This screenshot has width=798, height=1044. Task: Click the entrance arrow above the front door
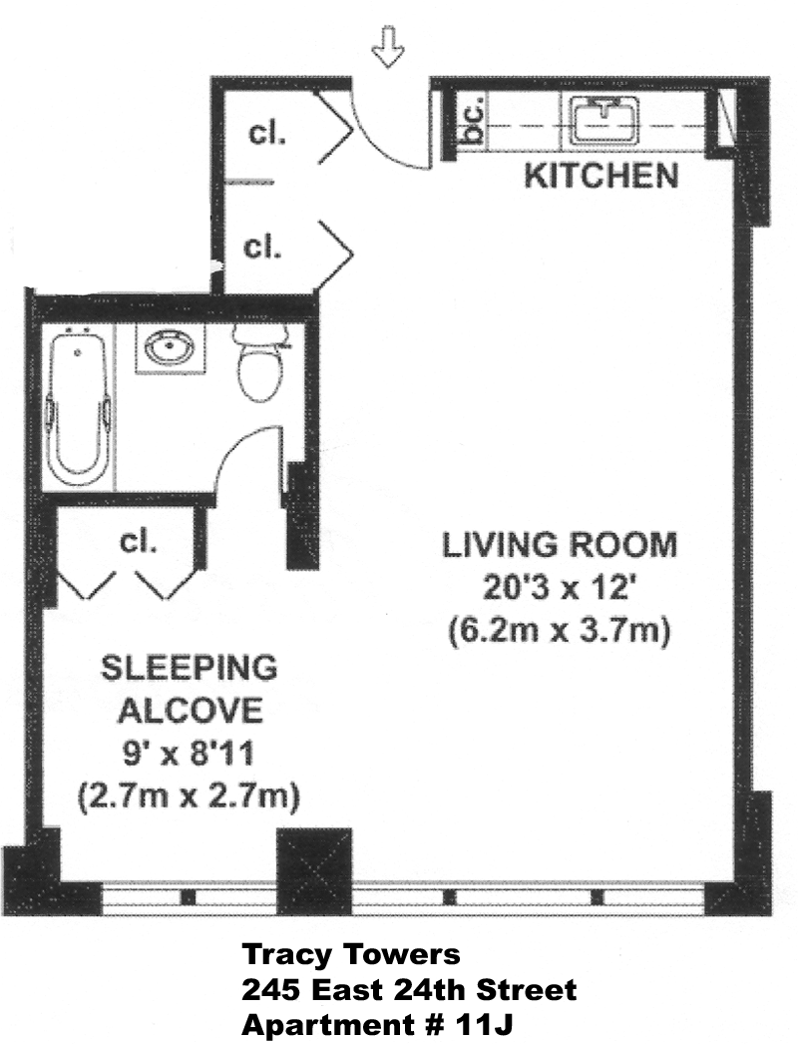[387, 46]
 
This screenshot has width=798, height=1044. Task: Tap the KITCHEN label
[601, 176]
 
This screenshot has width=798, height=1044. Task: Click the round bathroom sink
[171, 348]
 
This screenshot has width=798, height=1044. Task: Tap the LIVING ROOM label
[560, 545]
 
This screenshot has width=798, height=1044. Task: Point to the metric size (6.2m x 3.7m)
[559, 630]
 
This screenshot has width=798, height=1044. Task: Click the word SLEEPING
[189, 669]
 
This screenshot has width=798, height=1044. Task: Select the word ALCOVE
[191, 711]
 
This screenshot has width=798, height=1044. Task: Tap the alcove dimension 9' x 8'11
[189, 754]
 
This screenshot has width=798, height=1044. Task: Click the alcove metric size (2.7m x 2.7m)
[189, 796]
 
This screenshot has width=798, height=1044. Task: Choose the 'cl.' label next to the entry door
[267, 134]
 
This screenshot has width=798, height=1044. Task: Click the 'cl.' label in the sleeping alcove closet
[138, 542]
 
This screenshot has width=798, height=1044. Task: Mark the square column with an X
[314, 871]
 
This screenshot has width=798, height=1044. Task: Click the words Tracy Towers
[351, 955]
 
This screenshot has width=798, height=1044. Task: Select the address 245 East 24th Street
[409, 990]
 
